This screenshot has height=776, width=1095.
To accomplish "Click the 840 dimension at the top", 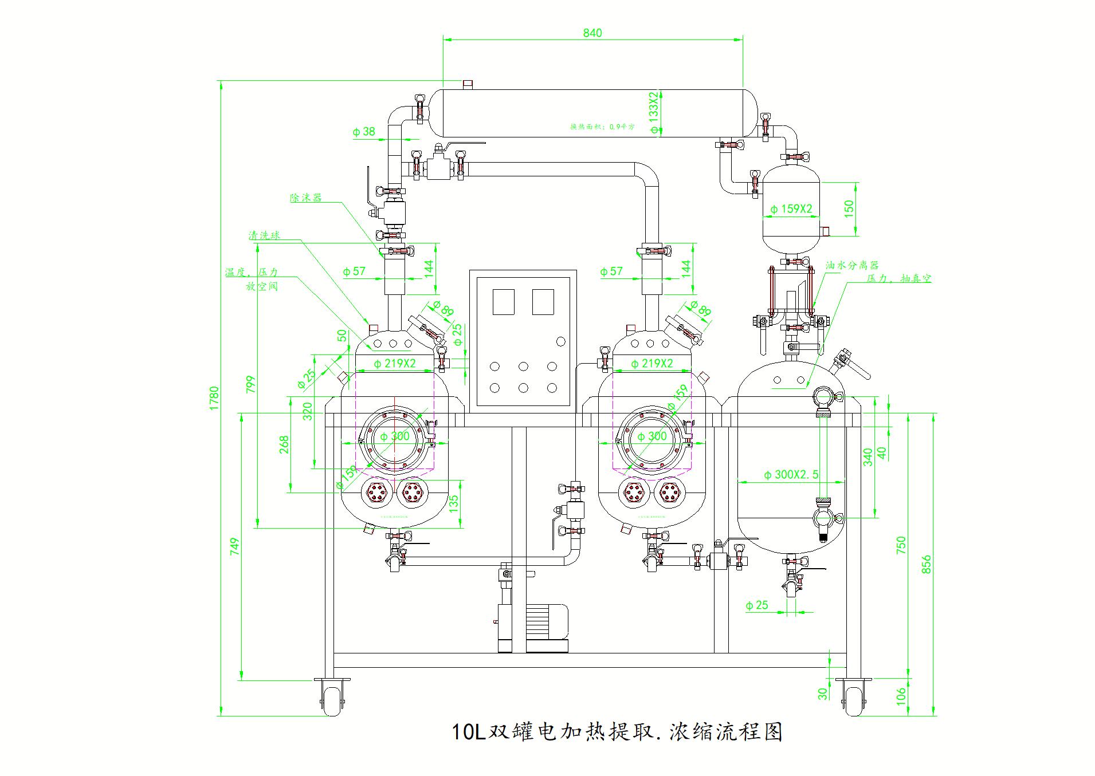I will (x=592, y=33).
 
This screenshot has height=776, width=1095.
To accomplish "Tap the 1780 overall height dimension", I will (x=214, y=398).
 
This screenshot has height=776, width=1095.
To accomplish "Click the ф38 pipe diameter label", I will (x=364, y=131).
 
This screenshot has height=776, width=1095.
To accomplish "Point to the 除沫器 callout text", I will (x=306, y=198).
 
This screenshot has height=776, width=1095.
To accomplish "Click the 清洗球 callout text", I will (x=264, y=235).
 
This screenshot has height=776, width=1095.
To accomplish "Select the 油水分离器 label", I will (x=852, y=265).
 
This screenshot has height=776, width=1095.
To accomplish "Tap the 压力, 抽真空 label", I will (x=898, y=278).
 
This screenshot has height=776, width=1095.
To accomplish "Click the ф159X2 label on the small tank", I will (x=791, y=209).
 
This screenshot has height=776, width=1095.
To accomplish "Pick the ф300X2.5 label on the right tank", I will (x=791, y=474).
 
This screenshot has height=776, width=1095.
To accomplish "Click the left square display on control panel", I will (x=504, y=302).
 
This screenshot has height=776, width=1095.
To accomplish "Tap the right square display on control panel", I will (x=543, y=302).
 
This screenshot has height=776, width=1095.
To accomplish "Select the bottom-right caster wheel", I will (x=853, y=699).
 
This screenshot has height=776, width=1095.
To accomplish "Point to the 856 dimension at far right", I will (x=927, y=564).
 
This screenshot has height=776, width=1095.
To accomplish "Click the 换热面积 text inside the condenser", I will (x=602, y=127).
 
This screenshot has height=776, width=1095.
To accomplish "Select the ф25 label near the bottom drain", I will (x=757, y=605).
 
